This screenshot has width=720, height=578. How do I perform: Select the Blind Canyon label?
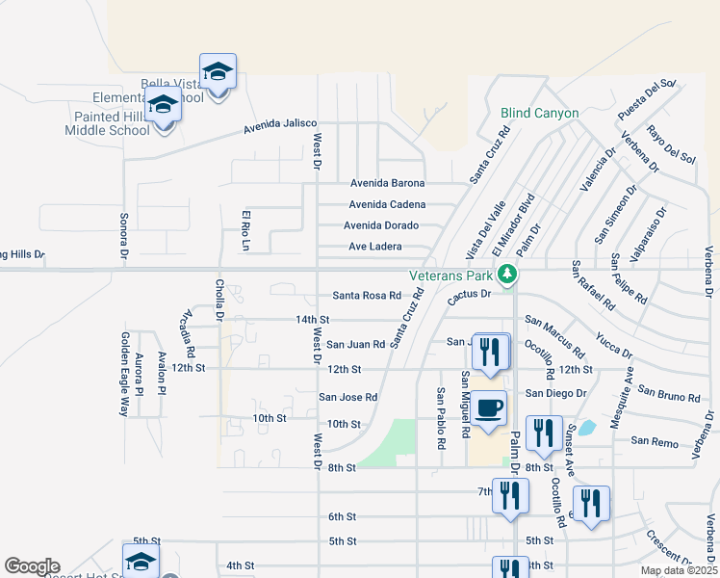(540, 113)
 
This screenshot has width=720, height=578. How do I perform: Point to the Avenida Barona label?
(387, 183)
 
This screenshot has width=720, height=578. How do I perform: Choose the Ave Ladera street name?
(374, 247)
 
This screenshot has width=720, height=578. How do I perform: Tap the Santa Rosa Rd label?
(367, 296)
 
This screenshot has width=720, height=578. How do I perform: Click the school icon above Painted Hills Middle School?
(164, 105)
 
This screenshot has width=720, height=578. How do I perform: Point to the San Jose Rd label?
(347, 397)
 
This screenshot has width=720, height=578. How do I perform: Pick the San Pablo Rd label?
(441, 419)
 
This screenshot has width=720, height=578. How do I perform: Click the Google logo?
(32, 566)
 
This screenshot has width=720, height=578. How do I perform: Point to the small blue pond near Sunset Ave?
(588, 427)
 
